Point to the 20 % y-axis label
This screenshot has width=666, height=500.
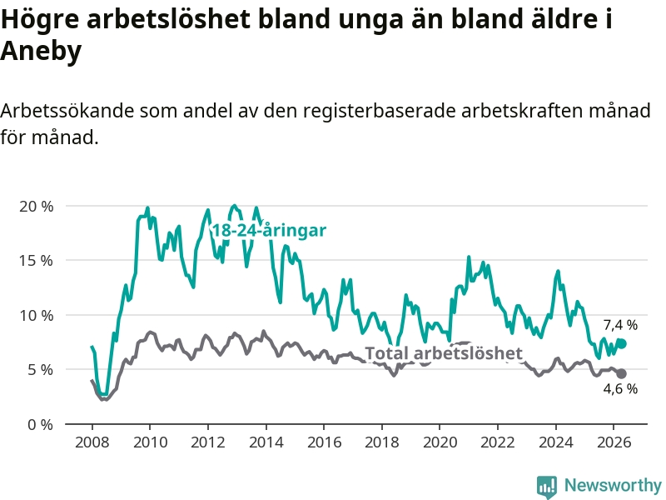tap(37, 207)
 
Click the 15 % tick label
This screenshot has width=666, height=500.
tap(37, 261)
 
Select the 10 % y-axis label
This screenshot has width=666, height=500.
tap(37, 316)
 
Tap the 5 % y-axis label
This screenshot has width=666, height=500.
tap(41, 370)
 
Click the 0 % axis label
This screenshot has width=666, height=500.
tap(41, 425)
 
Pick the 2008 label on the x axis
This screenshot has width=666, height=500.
tap(92, 442)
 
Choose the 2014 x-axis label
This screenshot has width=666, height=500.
tap(266, 442)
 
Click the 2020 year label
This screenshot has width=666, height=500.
tap(440, 442)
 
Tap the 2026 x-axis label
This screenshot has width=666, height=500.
tap(614, 442)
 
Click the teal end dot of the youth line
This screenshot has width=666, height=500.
tap(622, 343)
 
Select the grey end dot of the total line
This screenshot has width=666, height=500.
tap(621, 373)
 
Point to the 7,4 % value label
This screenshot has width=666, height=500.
tap(620, 325)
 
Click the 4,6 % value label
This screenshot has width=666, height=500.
tap(620, 388)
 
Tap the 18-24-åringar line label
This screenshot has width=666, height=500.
tap(269, 231)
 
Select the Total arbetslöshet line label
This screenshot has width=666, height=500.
tap(444, 353)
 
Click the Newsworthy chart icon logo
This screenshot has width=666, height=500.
tap(547, 487)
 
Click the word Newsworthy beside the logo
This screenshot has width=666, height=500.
tap(613, 485)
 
